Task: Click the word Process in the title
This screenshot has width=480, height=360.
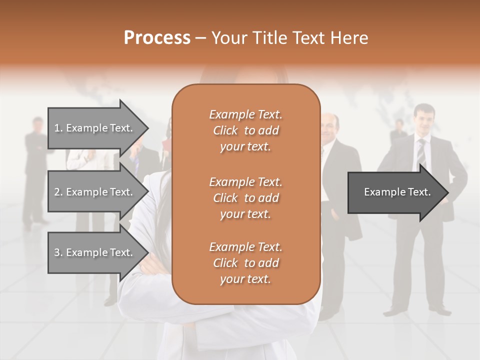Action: (157, 38)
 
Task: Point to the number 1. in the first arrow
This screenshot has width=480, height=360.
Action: (58, 128)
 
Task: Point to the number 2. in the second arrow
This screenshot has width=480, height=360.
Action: (58, 192)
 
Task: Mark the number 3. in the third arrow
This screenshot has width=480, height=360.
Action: (58, 252)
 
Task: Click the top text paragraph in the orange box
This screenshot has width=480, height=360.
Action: (245, 130)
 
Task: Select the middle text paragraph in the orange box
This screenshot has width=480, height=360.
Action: (245, 198)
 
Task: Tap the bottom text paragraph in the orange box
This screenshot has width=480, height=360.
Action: (245, 263)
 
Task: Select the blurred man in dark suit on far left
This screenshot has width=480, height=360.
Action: (36, 170)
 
